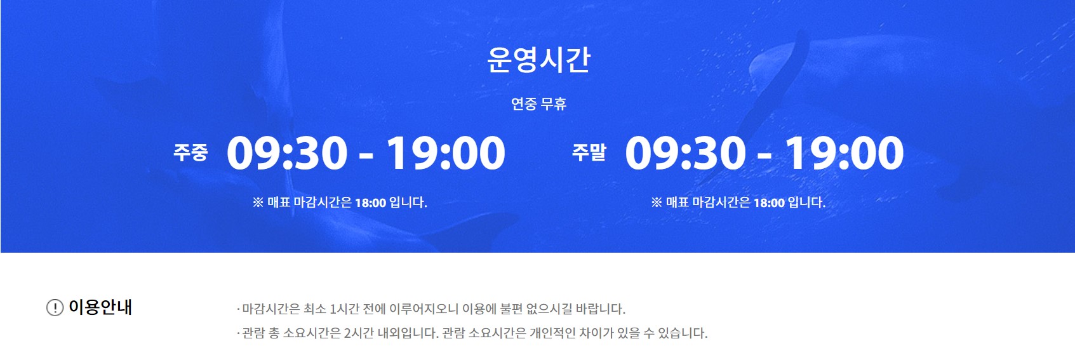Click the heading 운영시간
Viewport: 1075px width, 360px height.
tap(538, 60)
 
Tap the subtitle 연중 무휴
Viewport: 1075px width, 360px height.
tap(538, 104)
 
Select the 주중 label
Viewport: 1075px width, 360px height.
tap(190, 152)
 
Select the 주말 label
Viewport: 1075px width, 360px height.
tap(589, 152)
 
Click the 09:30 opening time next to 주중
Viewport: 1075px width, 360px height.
tap(287, 154)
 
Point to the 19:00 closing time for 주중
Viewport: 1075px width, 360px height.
tap(446, 154)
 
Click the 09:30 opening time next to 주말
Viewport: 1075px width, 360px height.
tap(685, 154)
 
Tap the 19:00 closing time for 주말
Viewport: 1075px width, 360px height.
tap(845, 154)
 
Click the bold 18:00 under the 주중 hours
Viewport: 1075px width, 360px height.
tap(370, 203)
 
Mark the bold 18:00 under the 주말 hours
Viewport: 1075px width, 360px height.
tap(769, 203)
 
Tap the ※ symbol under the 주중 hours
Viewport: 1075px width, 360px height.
tap(258, 203)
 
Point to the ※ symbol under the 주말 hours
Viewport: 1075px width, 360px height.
tap(657, 203)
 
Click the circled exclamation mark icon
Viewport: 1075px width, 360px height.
tap(55, 308)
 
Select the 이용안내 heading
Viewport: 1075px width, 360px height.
tap(100, 307)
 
